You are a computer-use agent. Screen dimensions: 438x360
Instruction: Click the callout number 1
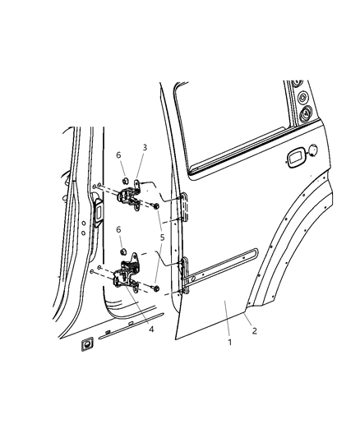(229, 341)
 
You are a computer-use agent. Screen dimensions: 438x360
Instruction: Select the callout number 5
(162, 237)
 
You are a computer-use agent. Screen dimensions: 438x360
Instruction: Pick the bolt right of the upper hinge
(155, 206)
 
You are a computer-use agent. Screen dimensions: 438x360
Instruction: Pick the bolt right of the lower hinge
(155, 288)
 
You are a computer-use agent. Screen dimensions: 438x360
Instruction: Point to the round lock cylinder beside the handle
(312, 150)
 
